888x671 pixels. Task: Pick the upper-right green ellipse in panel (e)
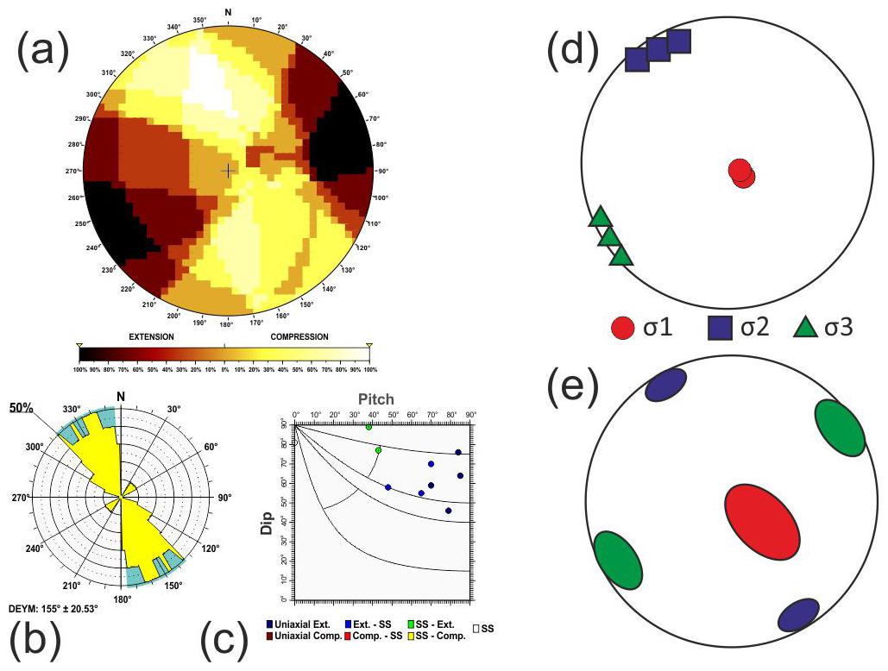pyautogui.click(x=840, y=427)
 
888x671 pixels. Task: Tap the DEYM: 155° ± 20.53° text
pyautogui.click(x=54, y=609)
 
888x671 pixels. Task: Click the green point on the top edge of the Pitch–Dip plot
pyautogui.click(x=369, y=426)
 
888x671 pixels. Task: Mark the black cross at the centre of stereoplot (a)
pyautogui.click(x=227, y=171)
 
